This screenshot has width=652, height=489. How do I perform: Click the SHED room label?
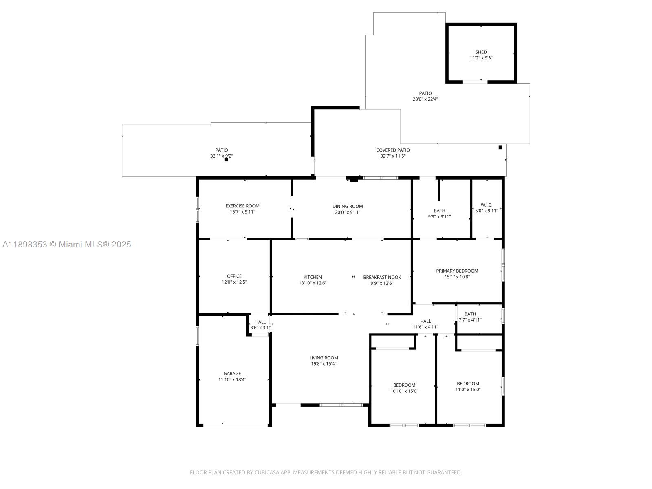[x=481, y=52]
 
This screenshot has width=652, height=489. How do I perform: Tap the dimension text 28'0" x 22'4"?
[x=425, y=99]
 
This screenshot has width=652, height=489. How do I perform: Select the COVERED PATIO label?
[x=393, y=150]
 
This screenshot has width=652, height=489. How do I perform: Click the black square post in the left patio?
[x=226, y=160]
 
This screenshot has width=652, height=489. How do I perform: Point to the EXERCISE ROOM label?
[x=242, y=206]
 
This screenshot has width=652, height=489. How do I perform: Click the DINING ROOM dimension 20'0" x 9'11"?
[x=347, y=212]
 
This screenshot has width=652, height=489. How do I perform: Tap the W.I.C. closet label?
[x=486, y=205]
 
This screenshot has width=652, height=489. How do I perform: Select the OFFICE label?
[x=234, y=276]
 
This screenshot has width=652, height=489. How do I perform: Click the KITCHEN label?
[x=313, y=277]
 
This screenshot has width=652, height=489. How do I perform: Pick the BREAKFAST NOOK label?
[x=382, y=277]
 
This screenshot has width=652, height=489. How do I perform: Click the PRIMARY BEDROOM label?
[x=457, y=271]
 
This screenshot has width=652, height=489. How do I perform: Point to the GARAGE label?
[x=232, y=373]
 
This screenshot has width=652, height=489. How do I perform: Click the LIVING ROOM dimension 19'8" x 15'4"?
[x=323, y=364]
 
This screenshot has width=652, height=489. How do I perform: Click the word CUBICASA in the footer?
[x=266, y=473]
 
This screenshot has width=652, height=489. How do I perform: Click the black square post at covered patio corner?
[x=500, y=148]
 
